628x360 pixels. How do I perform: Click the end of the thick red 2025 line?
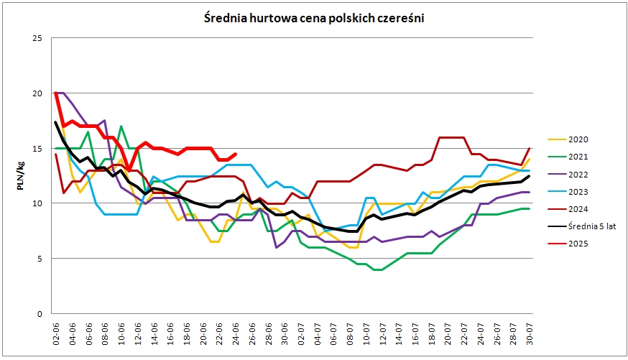coord(236,154)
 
